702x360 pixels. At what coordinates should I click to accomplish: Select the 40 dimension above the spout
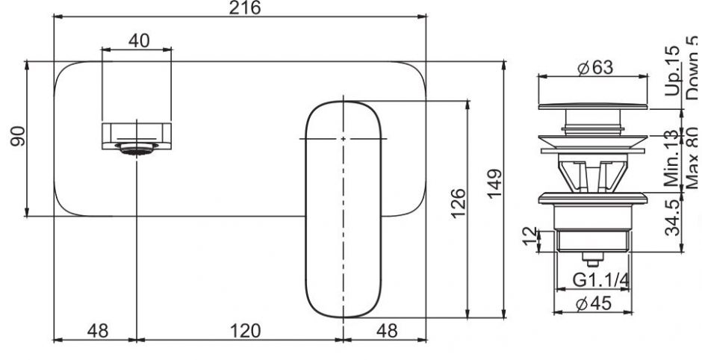point(138,41)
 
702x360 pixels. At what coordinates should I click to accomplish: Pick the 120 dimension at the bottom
point(239,329)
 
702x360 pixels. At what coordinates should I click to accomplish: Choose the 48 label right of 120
point(384,329)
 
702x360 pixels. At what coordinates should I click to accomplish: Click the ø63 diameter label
point(594,67)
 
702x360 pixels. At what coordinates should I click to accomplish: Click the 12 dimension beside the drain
point(529,236)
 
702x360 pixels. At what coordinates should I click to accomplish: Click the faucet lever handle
point(343,209)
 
